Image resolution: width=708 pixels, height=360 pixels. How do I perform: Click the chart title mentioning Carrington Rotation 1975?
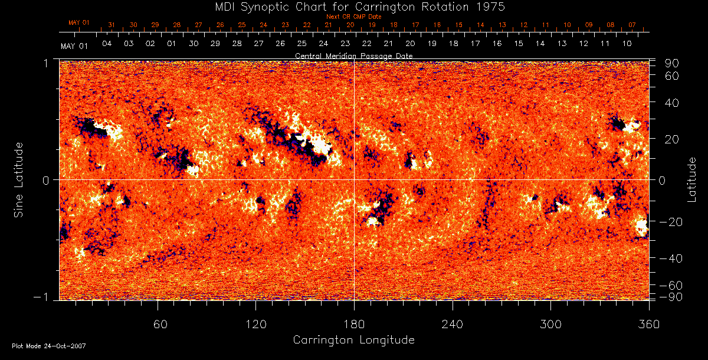(353, 6)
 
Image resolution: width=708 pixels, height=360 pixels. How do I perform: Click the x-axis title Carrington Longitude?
(353, 340)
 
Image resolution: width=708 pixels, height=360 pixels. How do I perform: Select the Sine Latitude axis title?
(19, 179)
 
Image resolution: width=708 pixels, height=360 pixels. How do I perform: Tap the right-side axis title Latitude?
(692, 179)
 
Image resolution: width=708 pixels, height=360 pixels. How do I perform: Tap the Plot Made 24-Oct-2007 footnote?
(49, 346)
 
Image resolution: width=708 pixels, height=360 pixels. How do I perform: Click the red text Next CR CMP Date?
(353, 17)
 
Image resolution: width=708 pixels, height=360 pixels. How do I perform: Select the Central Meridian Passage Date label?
(353, 55)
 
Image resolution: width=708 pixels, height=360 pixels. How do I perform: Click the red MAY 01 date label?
(78, 23)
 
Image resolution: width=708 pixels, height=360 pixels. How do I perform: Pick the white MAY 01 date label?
(74, 45)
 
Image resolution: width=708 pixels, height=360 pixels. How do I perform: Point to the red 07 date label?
(632, 25)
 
